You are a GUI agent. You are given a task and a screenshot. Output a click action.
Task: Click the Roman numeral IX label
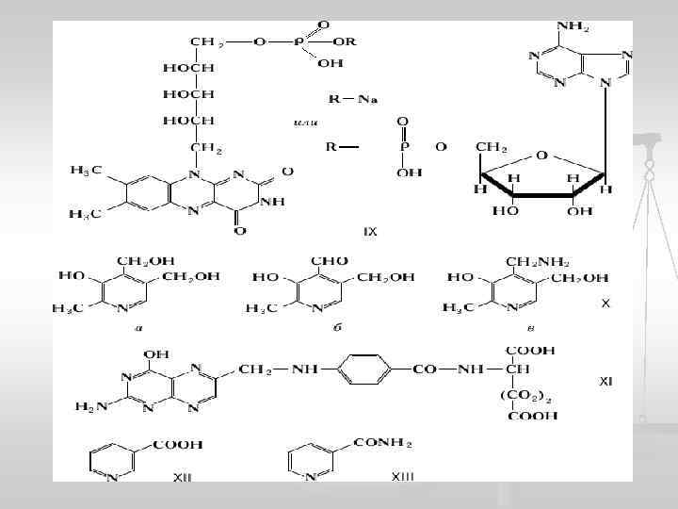tap(370, 231)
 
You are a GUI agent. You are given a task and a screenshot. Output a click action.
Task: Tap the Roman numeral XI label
tap(606, 382)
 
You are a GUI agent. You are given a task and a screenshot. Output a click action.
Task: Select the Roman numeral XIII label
tap(402, 477)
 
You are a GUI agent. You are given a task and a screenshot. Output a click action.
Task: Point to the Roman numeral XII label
tap(182, 478)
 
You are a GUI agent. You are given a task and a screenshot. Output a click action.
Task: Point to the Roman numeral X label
tap(605, 304)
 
